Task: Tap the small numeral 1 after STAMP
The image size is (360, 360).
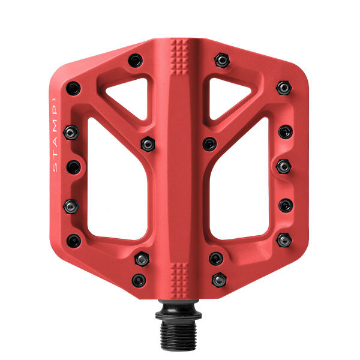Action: (55, 100)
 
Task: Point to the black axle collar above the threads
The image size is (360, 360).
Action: (178, 312)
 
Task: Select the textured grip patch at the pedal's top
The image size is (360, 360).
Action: (179, 57)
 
